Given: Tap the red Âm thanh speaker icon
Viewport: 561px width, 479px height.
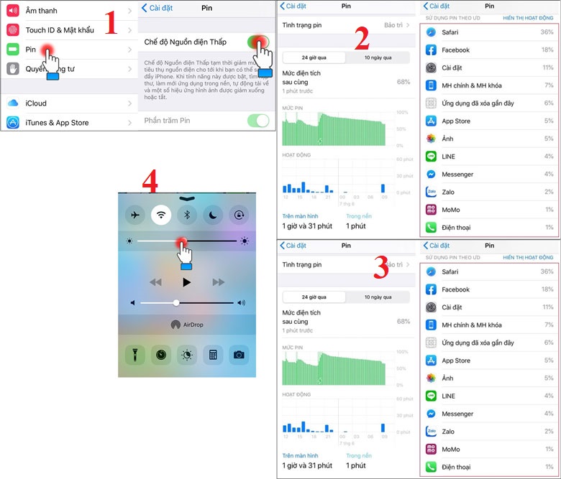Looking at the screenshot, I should (12, 10).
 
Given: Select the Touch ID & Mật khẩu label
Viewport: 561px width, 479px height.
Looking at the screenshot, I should (58, 30).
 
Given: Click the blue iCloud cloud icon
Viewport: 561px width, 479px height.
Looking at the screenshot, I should (12, 103).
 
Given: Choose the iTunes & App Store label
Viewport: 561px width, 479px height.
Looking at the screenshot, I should (57, 123).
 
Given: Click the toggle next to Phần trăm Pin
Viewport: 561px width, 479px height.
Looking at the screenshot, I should (257, 121).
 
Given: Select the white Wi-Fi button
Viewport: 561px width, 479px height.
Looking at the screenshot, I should (160, 214).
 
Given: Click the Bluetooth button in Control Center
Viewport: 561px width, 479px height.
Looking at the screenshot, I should (187, 214).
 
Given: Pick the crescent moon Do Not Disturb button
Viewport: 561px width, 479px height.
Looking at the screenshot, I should (214, 214).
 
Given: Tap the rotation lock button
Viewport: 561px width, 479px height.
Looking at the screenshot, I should (240, 214).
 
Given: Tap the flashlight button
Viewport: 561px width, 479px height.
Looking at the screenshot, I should (134, 354).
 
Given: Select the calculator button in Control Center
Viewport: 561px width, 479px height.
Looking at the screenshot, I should (213, 354).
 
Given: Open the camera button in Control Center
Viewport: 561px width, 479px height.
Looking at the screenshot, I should (239, 354).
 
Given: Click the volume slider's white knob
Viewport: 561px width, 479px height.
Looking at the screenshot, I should (176, 302).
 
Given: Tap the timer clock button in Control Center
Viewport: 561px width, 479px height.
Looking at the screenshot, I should (160, 354).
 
